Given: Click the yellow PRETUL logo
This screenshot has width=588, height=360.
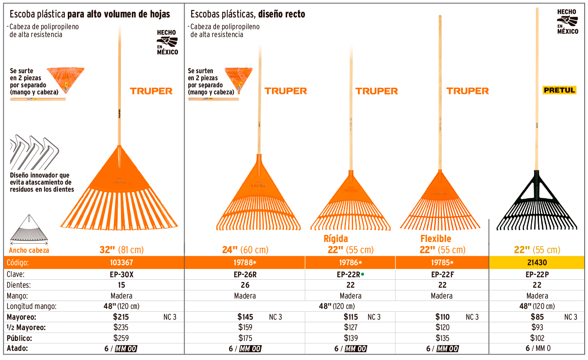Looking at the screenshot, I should click(559, 90).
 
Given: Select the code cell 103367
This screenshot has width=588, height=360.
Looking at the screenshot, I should click(121, 263).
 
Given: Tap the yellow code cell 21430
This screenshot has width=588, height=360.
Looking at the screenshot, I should click(537, 263).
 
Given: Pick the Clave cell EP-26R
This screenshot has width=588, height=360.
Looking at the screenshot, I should click(245, 274).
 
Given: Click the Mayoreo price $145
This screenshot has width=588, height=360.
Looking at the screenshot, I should click(245, 317).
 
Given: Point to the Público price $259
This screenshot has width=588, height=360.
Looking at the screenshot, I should click(121, 338).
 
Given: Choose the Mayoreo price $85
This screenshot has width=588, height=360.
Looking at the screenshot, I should click(537, 317).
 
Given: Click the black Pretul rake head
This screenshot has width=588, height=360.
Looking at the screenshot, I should click(536, 204).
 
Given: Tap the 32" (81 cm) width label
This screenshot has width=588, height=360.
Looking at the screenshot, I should click(121, 250).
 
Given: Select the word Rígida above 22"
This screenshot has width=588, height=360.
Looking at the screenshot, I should click(336, 239).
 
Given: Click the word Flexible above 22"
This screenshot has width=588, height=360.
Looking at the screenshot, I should click(435, 239).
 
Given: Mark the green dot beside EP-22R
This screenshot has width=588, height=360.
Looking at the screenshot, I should click(363, 274).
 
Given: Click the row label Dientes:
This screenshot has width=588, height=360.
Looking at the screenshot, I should click(18, 285).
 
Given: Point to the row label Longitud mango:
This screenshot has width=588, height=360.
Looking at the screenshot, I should click(31, 306).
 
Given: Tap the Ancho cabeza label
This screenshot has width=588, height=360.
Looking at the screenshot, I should click(29, 250).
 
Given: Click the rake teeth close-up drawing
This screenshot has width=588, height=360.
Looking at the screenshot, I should click(34, 152).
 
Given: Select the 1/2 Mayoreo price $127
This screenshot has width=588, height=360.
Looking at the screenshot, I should click(351, 328).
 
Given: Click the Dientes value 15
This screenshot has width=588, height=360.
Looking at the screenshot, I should click(121, 285).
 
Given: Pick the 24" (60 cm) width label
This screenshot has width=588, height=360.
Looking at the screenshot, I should click(245, 250).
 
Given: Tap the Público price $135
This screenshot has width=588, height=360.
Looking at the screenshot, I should click(442, 338).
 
